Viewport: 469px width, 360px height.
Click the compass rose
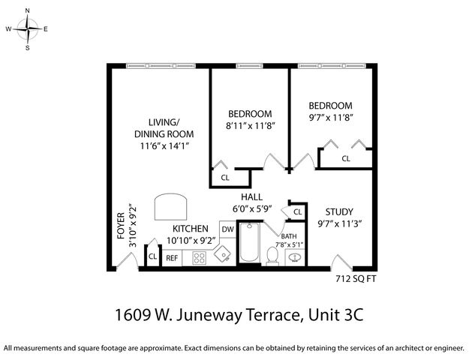[x=28, y=30]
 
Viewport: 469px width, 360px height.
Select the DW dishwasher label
[x=227, y=229]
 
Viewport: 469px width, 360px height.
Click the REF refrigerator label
[x=172, y=258]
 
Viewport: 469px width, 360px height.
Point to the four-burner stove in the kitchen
[x=200, y=258]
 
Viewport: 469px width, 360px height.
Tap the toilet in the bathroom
[x=272, y=256]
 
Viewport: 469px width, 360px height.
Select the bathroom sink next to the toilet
[x=295, y=257]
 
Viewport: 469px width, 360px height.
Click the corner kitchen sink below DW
[x=223, y=254]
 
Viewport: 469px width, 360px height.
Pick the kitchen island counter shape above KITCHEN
[x=171, y=205]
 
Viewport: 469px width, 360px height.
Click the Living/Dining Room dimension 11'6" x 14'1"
[x=164, y=145]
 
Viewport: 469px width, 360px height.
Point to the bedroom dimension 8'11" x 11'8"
[x=251, y=126]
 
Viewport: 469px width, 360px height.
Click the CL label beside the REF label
[x=152, y=257]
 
